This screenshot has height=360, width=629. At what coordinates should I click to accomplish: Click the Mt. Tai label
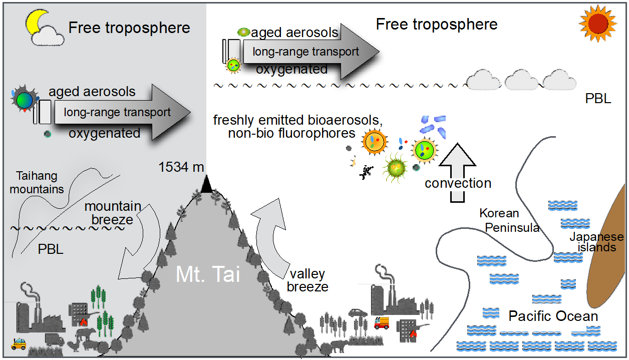[208, 275]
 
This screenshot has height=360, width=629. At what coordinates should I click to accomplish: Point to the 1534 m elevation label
[181, 167]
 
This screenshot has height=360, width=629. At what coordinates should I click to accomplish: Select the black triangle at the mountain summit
[206, 185]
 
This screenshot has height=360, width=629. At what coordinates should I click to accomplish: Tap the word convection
[458, 183]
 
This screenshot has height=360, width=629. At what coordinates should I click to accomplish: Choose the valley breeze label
[307, 280]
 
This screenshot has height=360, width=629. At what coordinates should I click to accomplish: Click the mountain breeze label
[113, 213]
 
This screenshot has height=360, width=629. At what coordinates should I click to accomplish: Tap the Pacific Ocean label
[553, 316]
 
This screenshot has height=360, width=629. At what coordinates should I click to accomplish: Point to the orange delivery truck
[381, 323]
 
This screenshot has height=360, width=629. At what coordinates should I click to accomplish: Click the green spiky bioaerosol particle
[395, 167]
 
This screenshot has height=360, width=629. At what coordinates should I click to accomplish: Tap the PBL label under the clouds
[598, 99]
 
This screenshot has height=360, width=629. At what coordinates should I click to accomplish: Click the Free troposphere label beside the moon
[129, 28]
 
